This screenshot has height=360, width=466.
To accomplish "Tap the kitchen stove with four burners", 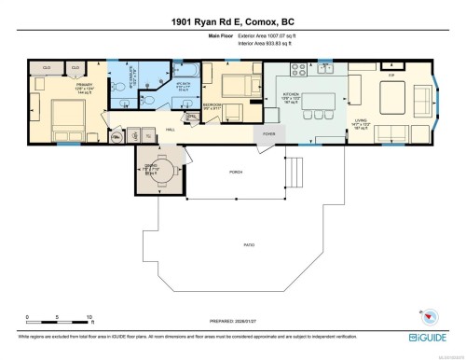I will (x=300, y=68).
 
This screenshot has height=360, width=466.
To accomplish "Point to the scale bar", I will (x=58, y=320).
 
